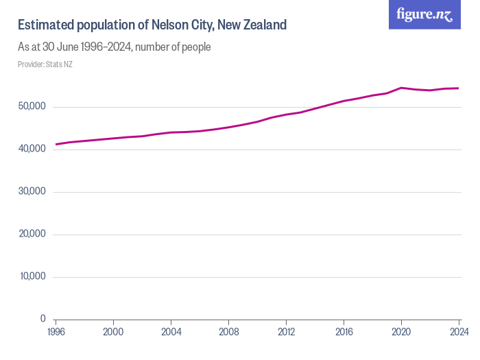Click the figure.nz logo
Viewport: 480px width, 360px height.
424,14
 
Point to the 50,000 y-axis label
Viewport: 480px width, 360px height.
31,106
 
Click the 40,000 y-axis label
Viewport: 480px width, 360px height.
31,149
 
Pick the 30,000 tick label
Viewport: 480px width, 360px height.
31,191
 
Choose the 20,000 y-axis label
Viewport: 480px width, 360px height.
31,234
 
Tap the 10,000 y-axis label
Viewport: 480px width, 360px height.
31,276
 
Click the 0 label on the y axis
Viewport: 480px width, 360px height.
43,319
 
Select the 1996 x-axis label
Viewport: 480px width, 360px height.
56,332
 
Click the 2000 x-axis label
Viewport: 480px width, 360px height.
113,332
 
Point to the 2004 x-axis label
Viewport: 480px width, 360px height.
171,332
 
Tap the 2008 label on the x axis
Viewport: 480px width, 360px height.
228,332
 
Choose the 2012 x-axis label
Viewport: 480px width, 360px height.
286,332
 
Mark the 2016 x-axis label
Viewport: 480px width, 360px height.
344,332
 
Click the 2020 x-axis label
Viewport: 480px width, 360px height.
401,332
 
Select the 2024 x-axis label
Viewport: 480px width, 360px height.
458,332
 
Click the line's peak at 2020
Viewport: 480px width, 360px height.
401,88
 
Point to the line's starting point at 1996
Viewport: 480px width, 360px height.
56,144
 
